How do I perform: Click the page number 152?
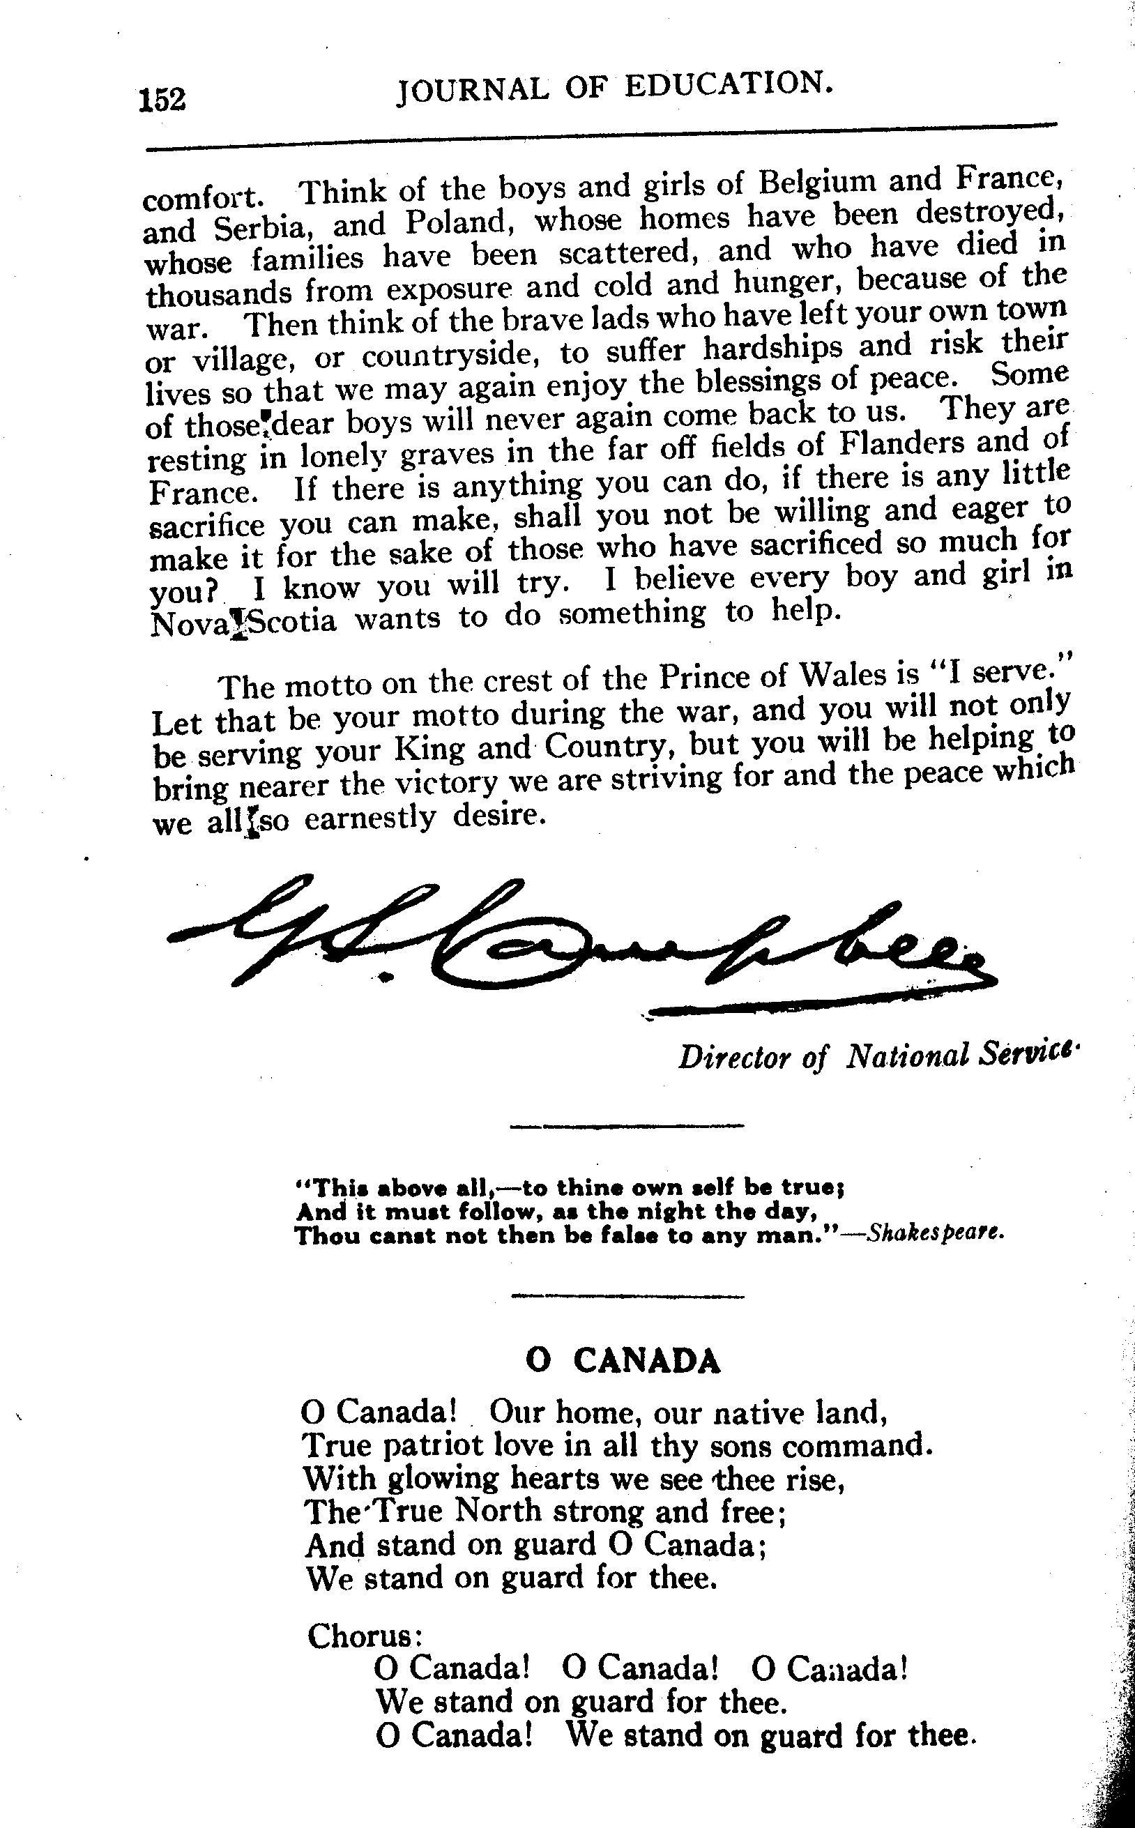coord(161,99)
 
